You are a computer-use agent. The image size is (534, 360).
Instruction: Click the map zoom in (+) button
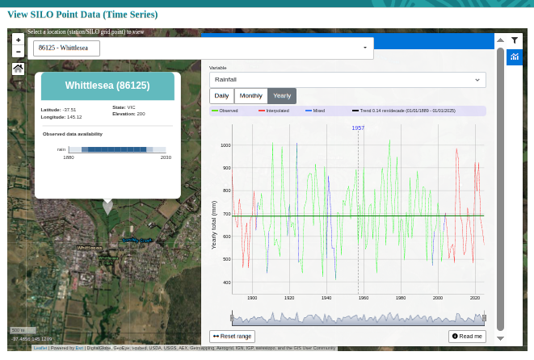(18, 39)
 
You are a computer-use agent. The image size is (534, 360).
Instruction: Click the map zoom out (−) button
(18, 52)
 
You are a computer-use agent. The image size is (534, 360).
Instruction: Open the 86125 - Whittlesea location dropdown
(202, 48)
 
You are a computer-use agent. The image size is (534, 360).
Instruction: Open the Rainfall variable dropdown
(347, 80)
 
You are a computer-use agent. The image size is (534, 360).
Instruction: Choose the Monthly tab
(251, 96)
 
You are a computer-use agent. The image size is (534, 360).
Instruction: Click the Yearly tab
(282, 96)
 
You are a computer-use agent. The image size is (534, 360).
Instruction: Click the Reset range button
(232, 336)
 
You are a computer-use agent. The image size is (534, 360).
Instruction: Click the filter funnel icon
(515, 40)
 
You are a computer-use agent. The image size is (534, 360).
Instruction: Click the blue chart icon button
(515, 57)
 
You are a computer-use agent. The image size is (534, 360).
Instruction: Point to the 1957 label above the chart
(358, 128)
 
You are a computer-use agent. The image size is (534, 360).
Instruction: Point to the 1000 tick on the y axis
(225, 145)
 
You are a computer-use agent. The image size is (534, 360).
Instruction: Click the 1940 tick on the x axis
(326, 298)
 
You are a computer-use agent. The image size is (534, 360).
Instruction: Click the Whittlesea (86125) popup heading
(107, 86)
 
